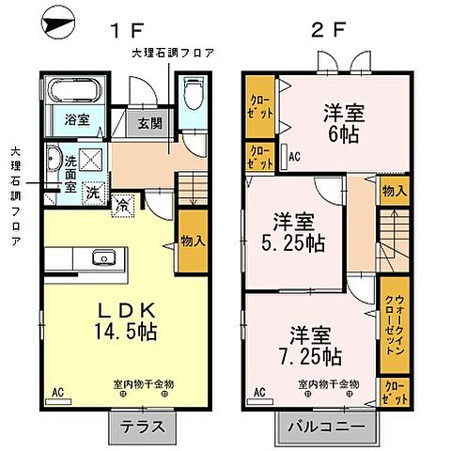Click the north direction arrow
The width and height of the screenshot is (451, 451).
(x=58, y=23)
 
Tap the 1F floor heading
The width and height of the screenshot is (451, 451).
(x=124, y=32)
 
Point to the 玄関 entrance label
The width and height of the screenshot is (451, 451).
(x=150, y=121)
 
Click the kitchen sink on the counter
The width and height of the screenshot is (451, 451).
(x=102, y=258)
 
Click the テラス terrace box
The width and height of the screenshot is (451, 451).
(x=144, y=428)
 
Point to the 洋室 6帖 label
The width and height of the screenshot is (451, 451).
(x=338, y=120)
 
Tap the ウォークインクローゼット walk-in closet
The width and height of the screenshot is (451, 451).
(x=393, y=324)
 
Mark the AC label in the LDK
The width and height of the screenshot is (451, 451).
(x=57, y=391)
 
